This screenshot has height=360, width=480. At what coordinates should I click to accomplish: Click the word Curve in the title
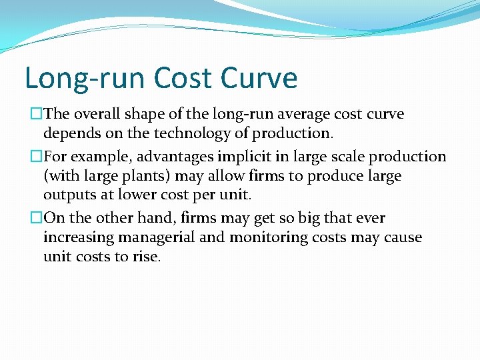coord(260,78)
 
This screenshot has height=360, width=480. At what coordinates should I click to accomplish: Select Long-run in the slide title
coord(84,78)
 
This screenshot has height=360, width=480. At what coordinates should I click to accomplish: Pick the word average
coord(282,114)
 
